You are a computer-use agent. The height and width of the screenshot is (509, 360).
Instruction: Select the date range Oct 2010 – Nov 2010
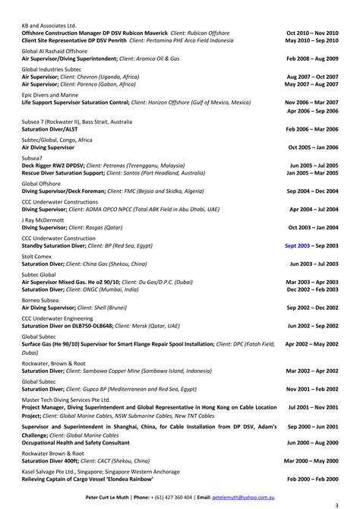pyautogui.click(x=312, y=33)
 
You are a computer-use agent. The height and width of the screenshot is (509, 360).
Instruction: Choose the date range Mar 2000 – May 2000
pyautogui.click(x=311, y=460)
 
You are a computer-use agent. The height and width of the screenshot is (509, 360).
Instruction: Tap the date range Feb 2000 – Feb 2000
pyautogui.click(x=313, y=479)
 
